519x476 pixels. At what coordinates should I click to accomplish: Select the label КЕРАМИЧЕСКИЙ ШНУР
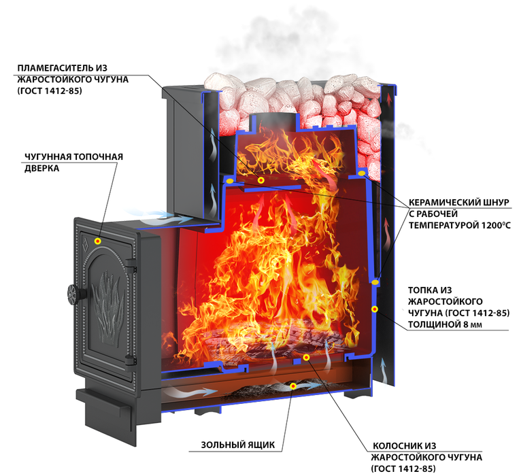pyautogui.click(x=460, y=203)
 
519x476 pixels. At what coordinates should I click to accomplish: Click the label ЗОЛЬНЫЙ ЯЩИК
pyautogui.click(x=238, y=445)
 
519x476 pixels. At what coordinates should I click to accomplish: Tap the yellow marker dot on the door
pyautogui.click(x=98, y=241)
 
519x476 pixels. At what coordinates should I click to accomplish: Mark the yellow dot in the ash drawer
pyautogui.click(x=293, y=386)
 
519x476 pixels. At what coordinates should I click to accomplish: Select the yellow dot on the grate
pyautogui.click(x=306, y=357)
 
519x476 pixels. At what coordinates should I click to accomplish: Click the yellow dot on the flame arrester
pyautogui.click(x=261, y=180)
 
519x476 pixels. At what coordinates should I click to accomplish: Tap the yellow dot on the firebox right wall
pyautogui.click(x=374, y=309)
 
